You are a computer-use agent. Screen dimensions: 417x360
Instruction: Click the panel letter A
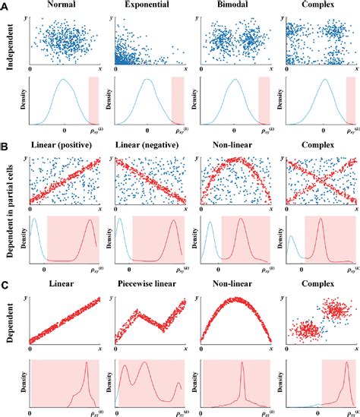tap(5, 5)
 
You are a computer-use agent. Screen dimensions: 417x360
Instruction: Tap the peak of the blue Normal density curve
tap(64, 80)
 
